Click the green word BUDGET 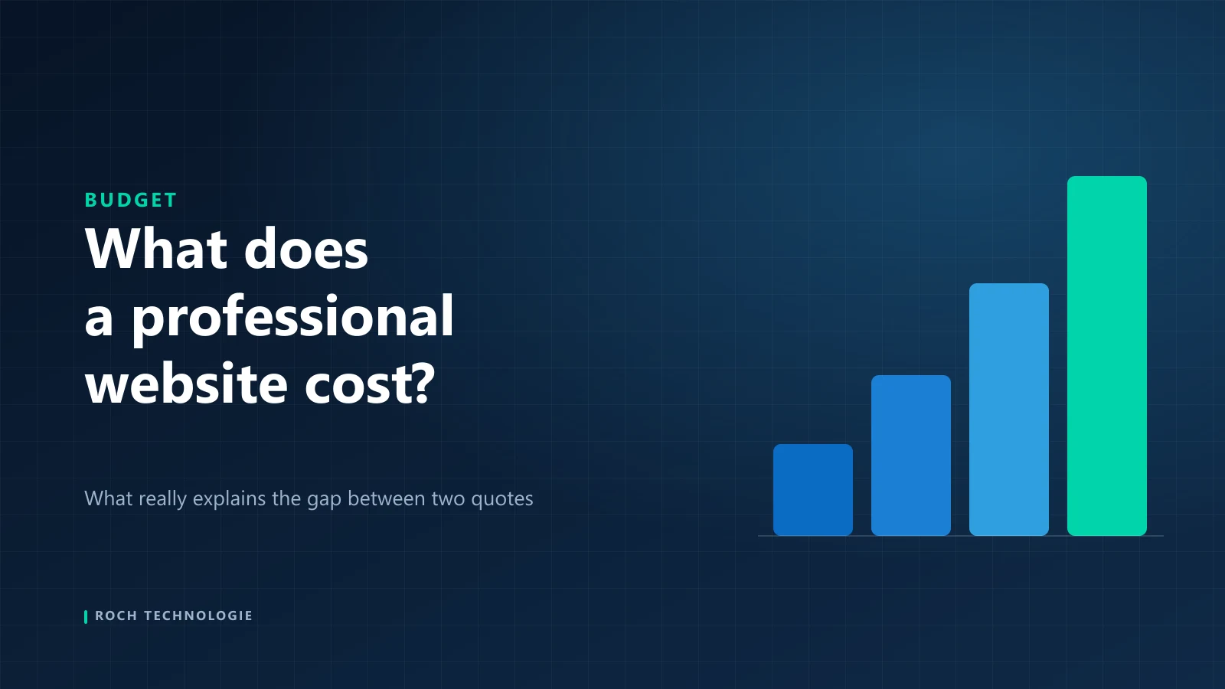[131, 200]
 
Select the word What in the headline [156, 249]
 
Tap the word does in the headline [306, 249]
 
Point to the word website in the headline [186, 383]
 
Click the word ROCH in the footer [116, 616]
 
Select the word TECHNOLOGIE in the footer [198, 616]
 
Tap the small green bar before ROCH [86, 617]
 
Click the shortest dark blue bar [812, 490]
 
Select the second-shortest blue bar [910, 456]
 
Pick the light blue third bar [1009, 410]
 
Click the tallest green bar [1107, 356]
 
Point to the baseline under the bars [961, 536]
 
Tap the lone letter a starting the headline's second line [99, 320]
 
